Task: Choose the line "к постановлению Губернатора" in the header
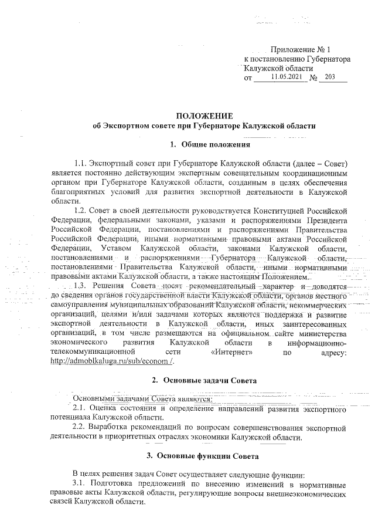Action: click(x=297, y=59)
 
